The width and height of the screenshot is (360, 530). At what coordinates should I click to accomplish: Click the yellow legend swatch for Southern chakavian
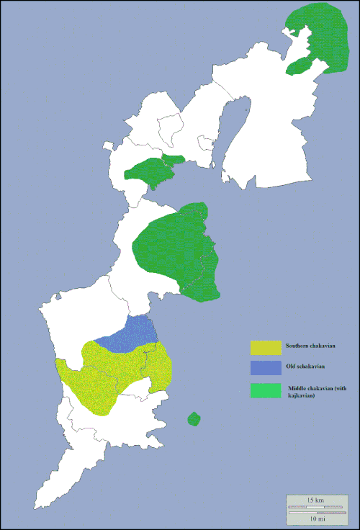pyautogui.click(x=265, y=346)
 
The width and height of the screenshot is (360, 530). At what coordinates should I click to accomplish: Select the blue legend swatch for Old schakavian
pyautogui.click(x=265, y=368)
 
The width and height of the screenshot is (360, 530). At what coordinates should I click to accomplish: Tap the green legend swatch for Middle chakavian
pyautogui.click(x=265, y=391)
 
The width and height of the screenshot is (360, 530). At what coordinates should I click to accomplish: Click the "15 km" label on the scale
pyautogui.click(x=314, y=500)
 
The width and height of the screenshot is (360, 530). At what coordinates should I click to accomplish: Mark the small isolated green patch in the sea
pyautogui.click(x=193, y=419)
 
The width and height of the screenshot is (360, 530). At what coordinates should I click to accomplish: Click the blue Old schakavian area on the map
pyautogui.click(x=133, y=335)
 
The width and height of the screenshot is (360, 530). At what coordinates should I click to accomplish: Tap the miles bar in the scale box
pyautogui.click(x=314, y=512)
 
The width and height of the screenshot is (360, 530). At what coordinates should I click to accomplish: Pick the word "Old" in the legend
pyautogui.click(x=290, y=367)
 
